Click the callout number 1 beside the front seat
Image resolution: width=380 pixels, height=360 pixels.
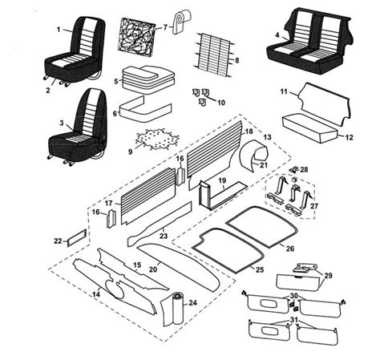coord(59,29)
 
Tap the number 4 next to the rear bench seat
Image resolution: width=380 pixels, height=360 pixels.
coord(277,35)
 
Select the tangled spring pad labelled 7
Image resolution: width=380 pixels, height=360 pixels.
coord(136,38)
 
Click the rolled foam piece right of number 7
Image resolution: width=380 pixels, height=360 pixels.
coord(181,22)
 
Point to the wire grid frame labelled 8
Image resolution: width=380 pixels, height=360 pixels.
coord(214,55)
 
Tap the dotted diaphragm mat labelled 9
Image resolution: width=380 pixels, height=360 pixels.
coord(157,139)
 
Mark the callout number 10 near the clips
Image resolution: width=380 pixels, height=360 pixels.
coord(221,103)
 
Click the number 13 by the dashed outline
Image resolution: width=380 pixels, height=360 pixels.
coord(267,137)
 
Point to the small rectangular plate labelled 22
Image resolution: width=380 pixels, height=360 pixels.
coord(77,237)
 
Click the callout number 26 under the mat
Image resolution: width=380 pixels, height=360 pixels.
coord(290,249)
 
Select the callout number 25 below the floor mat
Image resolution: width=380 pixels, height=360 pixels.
coord(260,269)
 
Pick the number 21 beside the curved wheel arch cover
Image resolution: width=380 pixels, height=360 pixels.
coord(264,165)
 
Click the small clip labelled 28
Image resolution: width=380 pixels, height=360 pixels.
coord(294,169)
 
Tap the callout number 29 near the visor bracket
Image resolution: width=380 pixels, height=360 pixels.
coord(328,275)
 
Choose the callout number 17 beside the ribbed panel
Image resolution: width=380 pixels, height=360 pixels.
coord(108,204)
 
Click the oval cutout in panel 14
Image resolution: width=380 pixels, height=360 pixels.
coord(115,289)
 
